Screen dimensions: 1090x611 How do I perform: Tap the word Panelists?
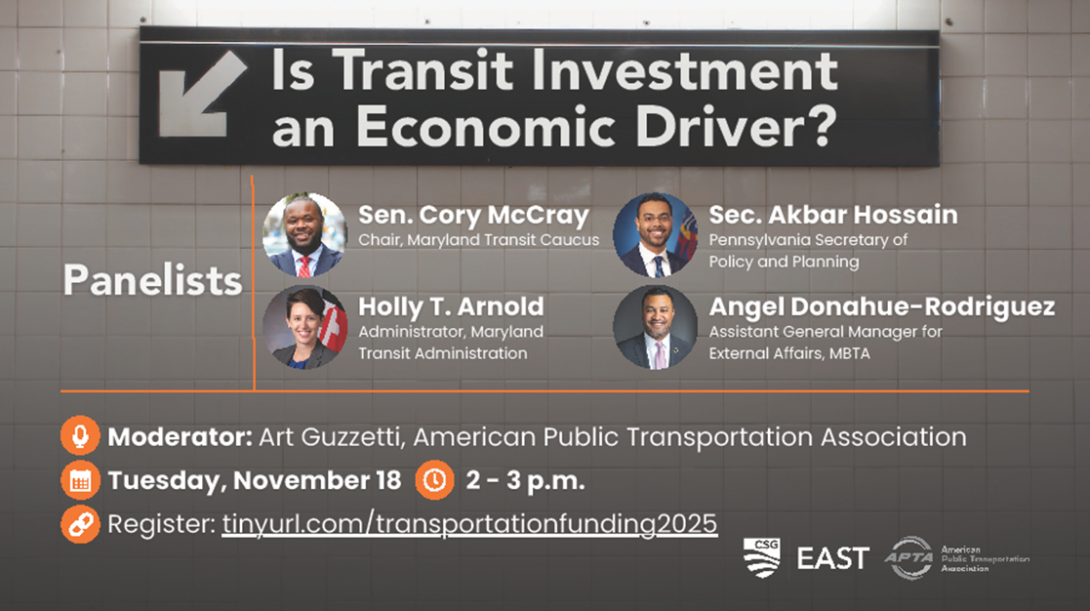[152, 280]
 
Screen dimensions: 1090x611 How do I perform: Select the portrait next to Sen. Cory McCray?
[304, 235]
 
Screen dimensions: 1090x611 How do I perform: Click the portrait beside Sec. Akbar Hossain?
[655, 235]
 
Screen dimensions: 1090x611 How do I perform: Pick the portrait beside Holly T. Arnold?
[304, 327]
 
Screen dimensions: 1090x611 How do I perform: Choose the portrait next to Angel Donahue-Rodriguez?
[655, 327]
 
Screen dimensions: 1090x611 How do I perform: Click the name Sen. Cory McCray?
[473, 216]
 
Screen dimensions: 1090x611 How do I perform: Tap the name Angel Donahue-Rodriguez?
[881, 306]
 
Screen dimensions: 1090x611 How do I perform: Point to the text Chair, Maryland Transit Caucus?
[478, 240]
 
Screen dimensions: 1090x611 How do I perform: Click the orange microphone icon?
[80, 436]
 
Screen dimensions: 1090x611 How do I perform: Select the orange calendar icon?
[80, 479]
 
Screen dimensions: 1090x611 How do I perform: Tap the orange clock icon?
[434, 479]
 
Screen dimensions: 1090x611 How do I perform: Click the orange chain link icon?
[80, 523]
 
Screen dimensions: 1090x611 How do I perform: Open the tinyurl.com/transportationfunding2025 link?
[469, 523]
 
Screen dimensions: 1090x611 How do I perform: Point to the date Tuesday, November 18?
[255, 480]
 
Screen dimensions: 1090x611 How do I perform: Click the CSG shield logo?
[761, 557]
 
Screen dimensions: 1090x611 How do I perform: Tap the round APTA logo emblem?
[909, 557]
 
